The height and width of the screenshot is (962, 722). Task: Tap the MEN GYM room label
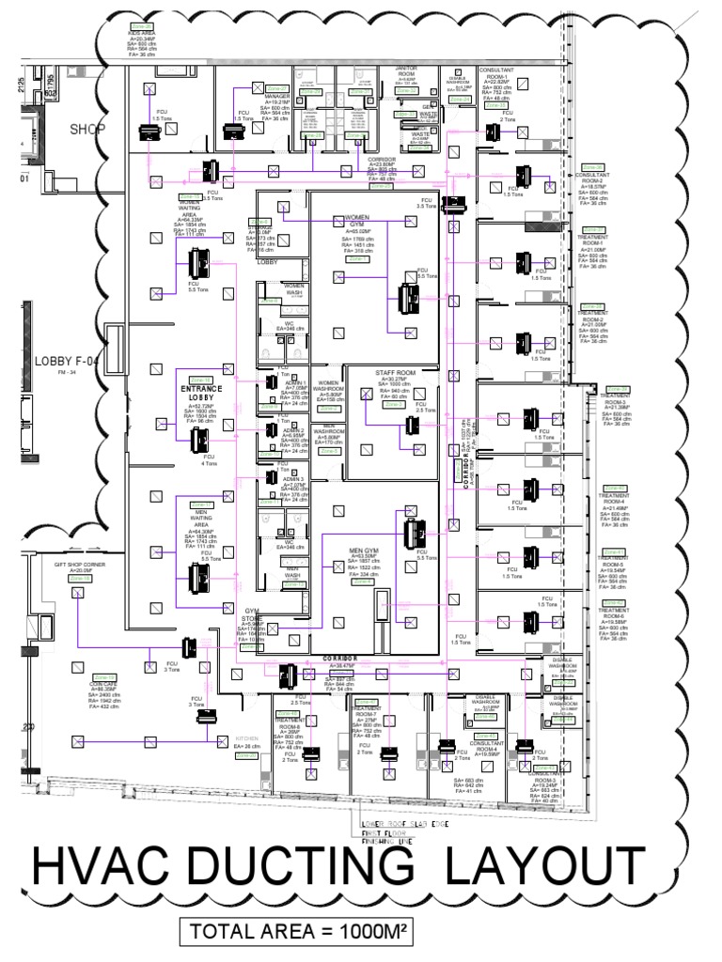click(x=364, y=551)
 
